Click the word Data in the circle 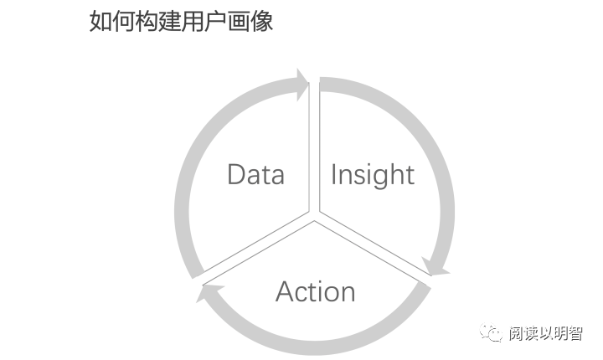(255, 175)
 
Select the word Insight (372, 175)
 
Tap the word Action (315, 291)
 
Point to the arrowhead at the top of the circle (301, 85)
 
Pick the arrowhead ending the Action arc (208, 295)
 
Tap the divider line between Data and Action (255, 246)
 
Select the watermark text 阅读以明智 (545, 334)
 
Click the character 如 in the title (100, 22)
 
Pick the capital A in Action (286, 291)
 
